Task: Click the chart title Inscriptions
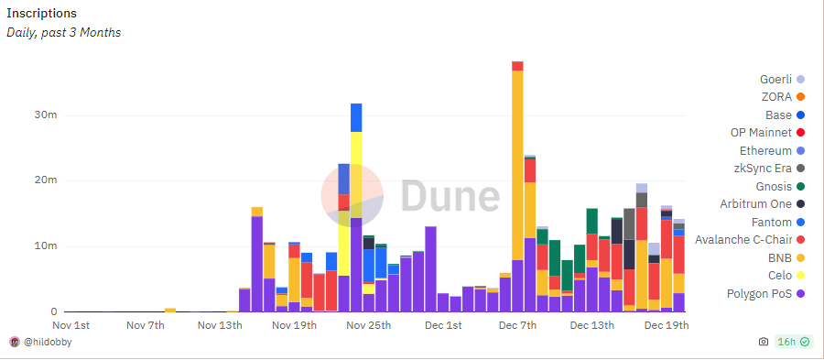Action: tap(42, 14)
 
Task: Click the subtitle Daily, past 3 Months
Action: tap(64, 33)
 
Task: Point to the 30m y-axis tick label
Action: tap(33, 115)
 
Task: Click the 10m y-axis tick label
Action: tap(33, 246)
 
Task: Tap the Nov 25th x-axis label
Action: tap(367, 325)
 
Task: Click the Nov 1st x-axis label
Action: tap(71, 325)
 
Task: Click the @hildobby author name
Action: tap(49, 343)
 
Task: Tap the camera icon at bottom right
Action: tap(763, 343)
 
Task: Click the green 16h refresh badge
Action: tap(792, 343)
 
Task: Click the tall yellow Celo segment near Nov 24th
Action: tap(356, 174)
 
